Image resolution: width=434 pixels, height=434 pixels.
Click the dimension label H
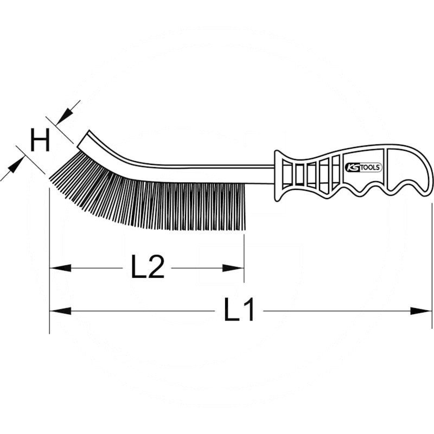pyautogui.click(x=40, y=141)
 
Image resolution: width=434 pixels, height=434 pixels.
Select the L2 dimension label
pyautogui.click(x=147, y=267)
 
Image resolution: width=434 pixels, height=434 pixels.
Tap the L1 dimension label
pyautogui.click(x=239, y=311)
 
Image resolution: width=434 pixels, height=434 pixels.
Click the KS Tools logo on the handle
pyautogui.click(x=364, y=167)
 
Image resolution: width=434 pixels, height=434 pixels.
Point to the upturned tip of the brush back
pyautogui.click(x=85, y=139)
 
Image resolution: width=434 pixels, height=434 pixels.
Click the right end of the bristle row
pyautogui.click(x=242, y=206)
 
